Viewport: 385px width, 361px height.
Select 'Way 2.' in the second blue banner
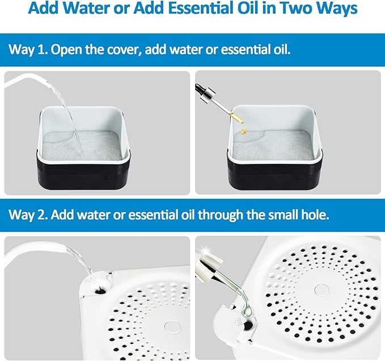(x=28, y=215)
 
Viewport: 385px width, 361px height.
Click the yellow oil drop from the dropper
(x=243, y=131)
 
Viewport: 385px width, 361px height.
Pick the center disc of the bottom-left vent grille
(x=171, y=326)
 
